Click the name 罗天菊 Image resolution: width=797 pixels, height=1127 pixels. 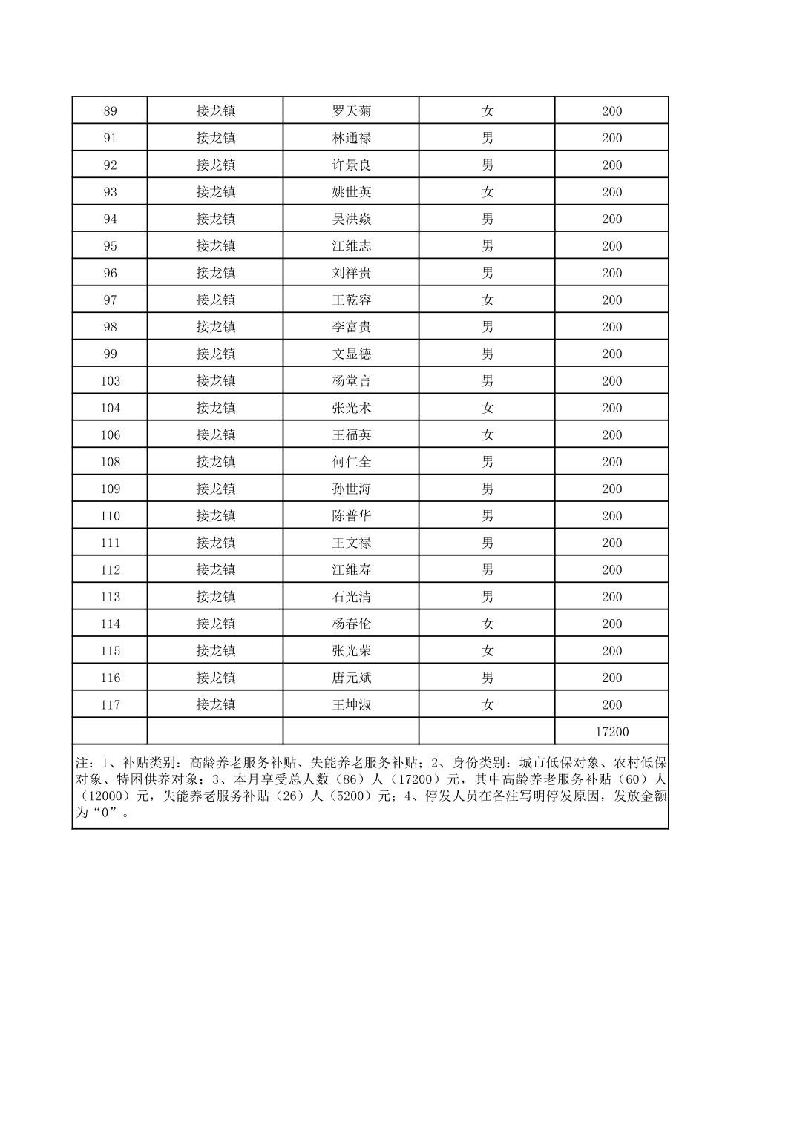tap(351, 111)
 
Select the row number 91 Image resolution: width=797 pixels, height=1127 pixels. tap(110, 138)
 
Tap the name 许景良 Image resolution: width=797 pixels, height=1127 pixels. tap(351, 165)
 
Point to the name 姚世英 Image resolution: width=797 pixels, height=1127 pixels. tap(351, 192)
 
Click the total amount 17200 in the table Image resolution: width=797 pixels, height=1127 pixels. tap(611, 732)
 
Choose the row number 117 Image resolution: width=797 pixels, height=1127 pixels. tap(110, 705)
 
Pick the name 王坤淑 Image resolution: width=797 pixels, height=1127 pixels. tap(351, 705)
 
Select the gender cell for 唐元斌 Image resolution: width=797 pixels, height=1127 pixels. tap(487, 678)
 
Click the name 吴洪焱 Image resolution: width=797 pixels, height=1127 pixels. tap(351, 219)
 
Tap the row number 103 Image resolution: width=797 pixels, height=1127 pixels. tap(110, 381)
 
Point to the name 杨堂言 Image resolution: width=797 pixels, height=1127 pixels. tap(351, 381)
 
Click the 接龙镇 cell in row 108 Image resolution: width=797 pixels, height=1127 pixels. tap(215, 462)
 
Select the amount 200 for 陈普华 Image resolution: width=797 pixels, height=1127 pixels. tap(611, 516)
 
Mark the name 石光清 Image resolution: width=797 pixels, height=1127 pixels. tap(351, 597)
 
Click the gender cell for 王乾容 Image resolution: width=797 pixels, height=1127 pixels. tap(487, 300)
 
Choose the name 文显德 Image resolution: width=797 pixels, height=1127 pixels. tap(351, 354)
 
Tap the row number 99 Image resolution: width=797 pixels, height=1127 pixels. tap(110, 354)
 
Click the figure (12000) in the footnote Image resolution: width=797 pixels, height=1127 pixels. tap(105, 796)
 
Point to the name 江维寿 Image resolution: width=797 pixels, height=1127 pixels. tap(351, 570)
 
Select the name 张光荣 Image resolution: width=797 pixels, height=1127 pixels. tap(351, 651)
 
